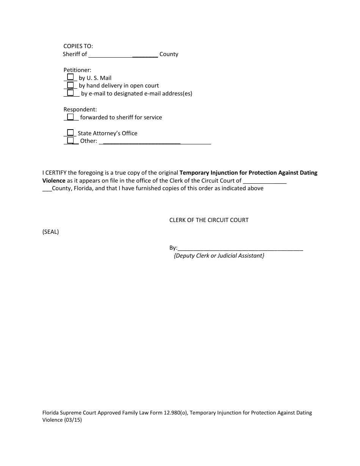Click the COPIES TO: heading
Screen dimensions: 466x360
point(78,46)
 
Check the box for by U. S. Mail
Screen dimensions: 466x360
point(70,77)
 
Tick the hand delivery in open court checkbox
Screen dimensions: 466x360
point(70,85)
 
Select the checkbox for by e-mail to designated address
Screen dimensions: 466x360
point(70,92)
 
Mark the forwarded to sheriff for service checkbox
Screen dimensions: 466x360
point(70,117)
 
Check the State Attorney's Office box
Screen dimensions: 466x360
point(70,133)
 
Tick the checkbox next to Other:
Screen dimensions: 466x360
point(70,141)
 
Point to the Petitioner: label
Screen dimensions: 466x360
point(77,70)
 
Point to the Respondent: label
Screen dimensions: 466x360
point(80,109)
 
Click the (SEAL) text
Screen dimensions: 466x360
point(50,232)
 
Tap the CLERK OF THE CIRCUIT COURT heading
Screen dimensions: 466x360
point(209,220)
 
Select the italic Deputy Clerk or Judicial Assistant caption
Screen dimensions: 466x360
point(219,256)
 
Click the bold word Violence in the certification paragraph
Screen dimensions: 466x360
point(53,181)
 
